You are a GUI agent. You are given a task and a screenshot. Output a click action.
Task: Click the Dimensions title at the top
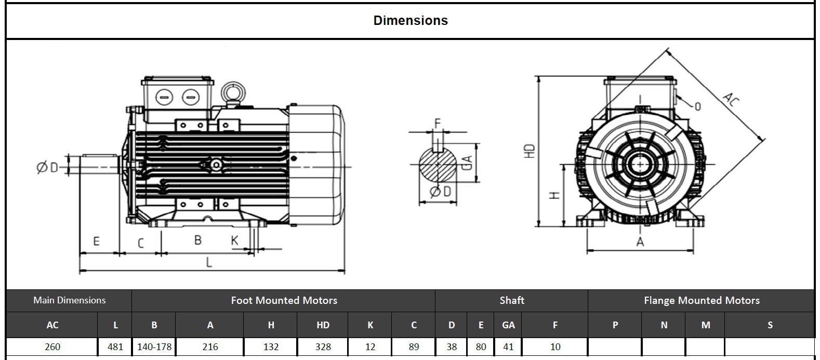(x=410, y=20)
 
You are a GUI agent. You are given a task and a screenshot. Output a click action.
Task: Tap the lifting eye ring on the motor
(x=230, y=92)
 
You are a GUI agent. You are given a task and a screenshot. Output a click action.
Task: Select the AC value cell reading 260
(x=52, y=346)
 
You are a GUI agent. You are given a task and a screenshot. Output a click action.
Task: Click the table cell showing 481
(x=115, y=346)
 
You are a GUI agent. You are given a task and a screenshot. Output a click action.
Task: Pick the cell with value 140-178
(x=154, y=346)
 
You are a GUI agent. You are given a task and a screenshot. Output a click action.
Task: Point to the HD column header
(x=323, y=325)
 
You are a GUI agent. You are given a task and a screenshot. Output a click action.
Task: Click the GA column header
(x=508, y=325)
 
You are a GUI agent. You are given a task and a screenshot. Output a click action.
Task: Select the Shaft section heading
(x=511, y=300)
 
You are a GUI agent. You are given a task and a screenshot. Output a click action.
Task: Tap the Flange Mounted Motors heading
(x=701, y=300)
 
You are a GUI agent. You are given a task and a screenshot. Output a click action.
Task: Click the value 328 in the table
(x=323, y=346)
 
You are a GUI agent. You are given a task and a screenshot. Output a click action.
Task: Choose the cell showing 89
(x=414, y=346)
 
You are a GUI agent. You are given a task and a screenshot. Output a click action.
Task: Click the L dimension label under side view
(x=209, y=262)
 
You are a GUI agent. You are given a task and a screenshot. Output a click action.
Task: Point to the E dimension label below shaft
(x=96, y=242)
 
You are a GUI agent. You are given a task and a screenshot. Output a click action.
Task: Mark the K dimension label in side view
(x=235, y=240)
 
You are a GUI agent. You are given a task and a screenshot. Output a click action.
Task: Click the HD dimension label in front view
(x=530, y=151)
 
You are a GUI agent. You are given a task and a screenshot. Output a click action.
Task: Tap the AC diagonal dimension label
(x=730, y=99)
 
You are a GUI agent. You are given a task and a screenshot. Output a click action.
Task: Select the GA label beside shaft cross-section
(x=467, y=162)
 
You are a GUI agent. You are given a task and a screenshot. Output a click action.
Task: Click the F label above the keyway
(x=437, y=123)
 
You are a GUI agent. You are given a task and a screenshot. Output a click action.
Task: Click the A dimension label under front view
(x=640, y=242)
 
